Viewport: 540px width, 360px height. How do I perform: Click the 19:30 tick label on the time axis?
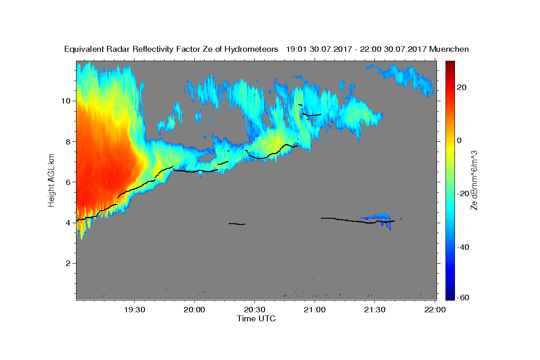coord(135,310)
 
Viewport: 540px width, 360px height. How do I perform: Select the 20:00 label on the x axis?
coord(194,310)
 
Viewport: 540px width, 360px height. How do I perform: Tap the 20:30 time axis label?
coord(255,310)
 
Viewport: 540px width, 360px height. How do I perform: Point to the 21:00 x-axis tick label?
coord(315,310)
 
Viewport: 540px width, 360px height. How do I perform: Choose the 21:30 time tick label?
coord(374,310)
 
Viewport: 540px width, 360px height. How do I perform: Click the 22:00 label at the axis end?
coord(435,310)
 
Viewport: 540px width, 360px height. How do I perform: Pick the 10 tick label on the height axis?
coord(66,101)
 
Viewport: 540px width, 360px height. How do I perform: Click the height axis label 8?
coord(68,142)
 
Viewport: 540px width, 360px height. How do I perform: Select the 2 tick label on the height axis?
coord(68,263)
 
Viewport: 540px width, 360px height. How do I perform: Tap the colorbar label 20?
coord(462,87)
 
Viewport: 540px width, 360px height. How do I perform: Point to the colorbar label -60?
coord(463,297)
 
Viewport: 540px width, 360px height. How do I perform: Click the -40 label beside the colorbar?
coord(463,247)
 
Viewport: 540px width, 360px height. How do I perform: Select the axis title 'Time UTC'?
coord(256,319)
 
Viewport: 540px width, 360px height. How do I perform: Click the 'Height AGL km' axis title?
coord(51,180)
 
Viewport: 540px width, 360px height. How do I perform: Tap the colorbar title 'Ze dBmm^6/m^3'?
coord(474,180)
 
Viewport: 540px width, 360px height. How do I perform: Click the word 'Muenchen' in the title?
coord(449,49)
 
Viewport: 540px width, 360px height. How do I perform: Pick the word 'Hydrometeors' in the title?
coord(251,49)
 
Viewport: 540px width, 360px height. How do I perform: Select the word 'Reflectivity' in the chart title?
coord(153,49)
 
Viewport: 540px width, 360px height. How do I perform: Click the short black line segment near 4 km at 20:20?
coord(237,224)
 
